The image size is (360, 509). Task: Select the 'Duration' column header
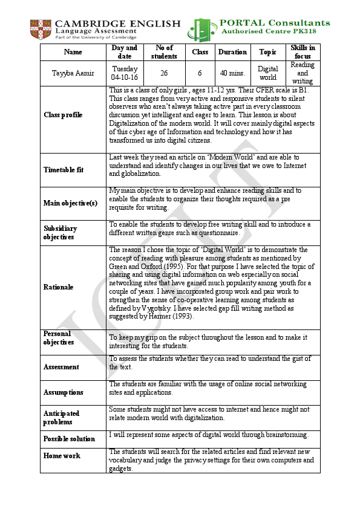(233, 52)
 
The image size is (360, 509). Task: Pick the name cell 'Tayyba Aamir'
(73, 73)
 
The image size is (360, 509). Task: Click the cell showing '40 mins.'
(233, 73)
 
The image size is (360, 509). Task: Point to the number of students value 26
(164, 73)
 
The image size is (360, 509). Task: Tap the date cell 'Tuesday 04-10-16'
(125, 73)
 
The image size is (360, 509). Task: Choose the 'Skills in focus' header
(303, 52)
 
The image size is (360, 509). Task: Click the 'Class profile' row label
(63, 115)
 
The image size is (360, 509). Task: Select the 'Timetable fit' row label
(63, 170)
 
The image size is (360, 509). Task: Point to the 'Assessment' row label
(61, 367)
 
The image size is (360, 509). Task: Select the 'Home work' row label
(61, 456)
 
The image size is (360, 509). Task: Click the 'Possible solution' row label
(69, 439)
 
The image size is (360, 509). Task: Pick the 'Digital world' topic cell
(267, 73)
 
